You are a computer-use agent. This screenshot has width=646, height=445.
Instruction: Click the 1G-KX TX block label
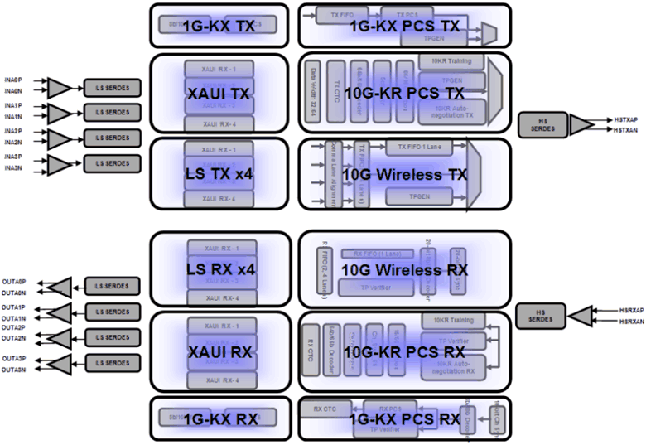tap(219, 26)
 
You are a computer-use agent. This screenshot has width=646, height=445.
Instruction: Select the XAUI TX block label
tap(219, 94)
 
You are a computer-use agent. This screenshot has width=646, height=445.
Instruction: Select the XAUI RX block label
tap(219, 351)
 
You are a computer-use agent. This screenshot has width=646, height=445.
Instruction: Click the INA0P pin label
tap(14, 81)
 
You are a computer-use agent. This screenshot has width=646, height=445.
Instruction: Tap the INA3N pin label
tap(14, 168)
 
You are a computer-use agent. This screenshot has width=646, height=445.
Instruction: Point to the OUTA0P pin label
tap(14, 282)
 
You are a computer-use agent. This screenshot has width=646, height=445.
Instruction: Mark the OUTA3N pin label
tap(14, 369)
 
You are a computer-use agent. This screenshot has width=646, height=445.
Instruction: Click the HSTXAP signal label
tap(626, 119)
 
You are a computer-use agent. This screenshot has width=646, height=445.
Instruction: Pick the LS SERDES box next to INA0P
tap(112, 87)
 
